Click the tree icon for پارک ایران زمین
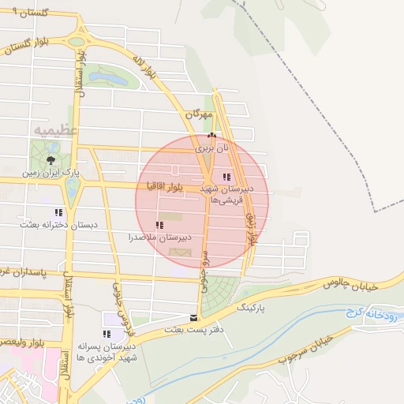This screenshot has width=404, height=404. pos(51,160)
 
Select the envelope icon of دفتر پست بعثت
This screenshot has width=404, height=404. pos(194,318)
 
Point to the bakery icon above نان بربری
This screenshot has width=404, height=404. pos(211,136)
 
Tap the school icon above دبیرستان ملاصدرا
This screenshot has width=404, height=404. pos(160,226)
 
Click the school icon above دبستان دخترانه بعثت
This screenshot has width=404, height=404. pos(58,212)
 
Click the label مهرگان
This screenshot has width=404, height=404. pos(200,115)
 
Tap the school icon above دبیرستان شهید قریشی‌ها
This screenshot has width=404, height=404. pos(227,177)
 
